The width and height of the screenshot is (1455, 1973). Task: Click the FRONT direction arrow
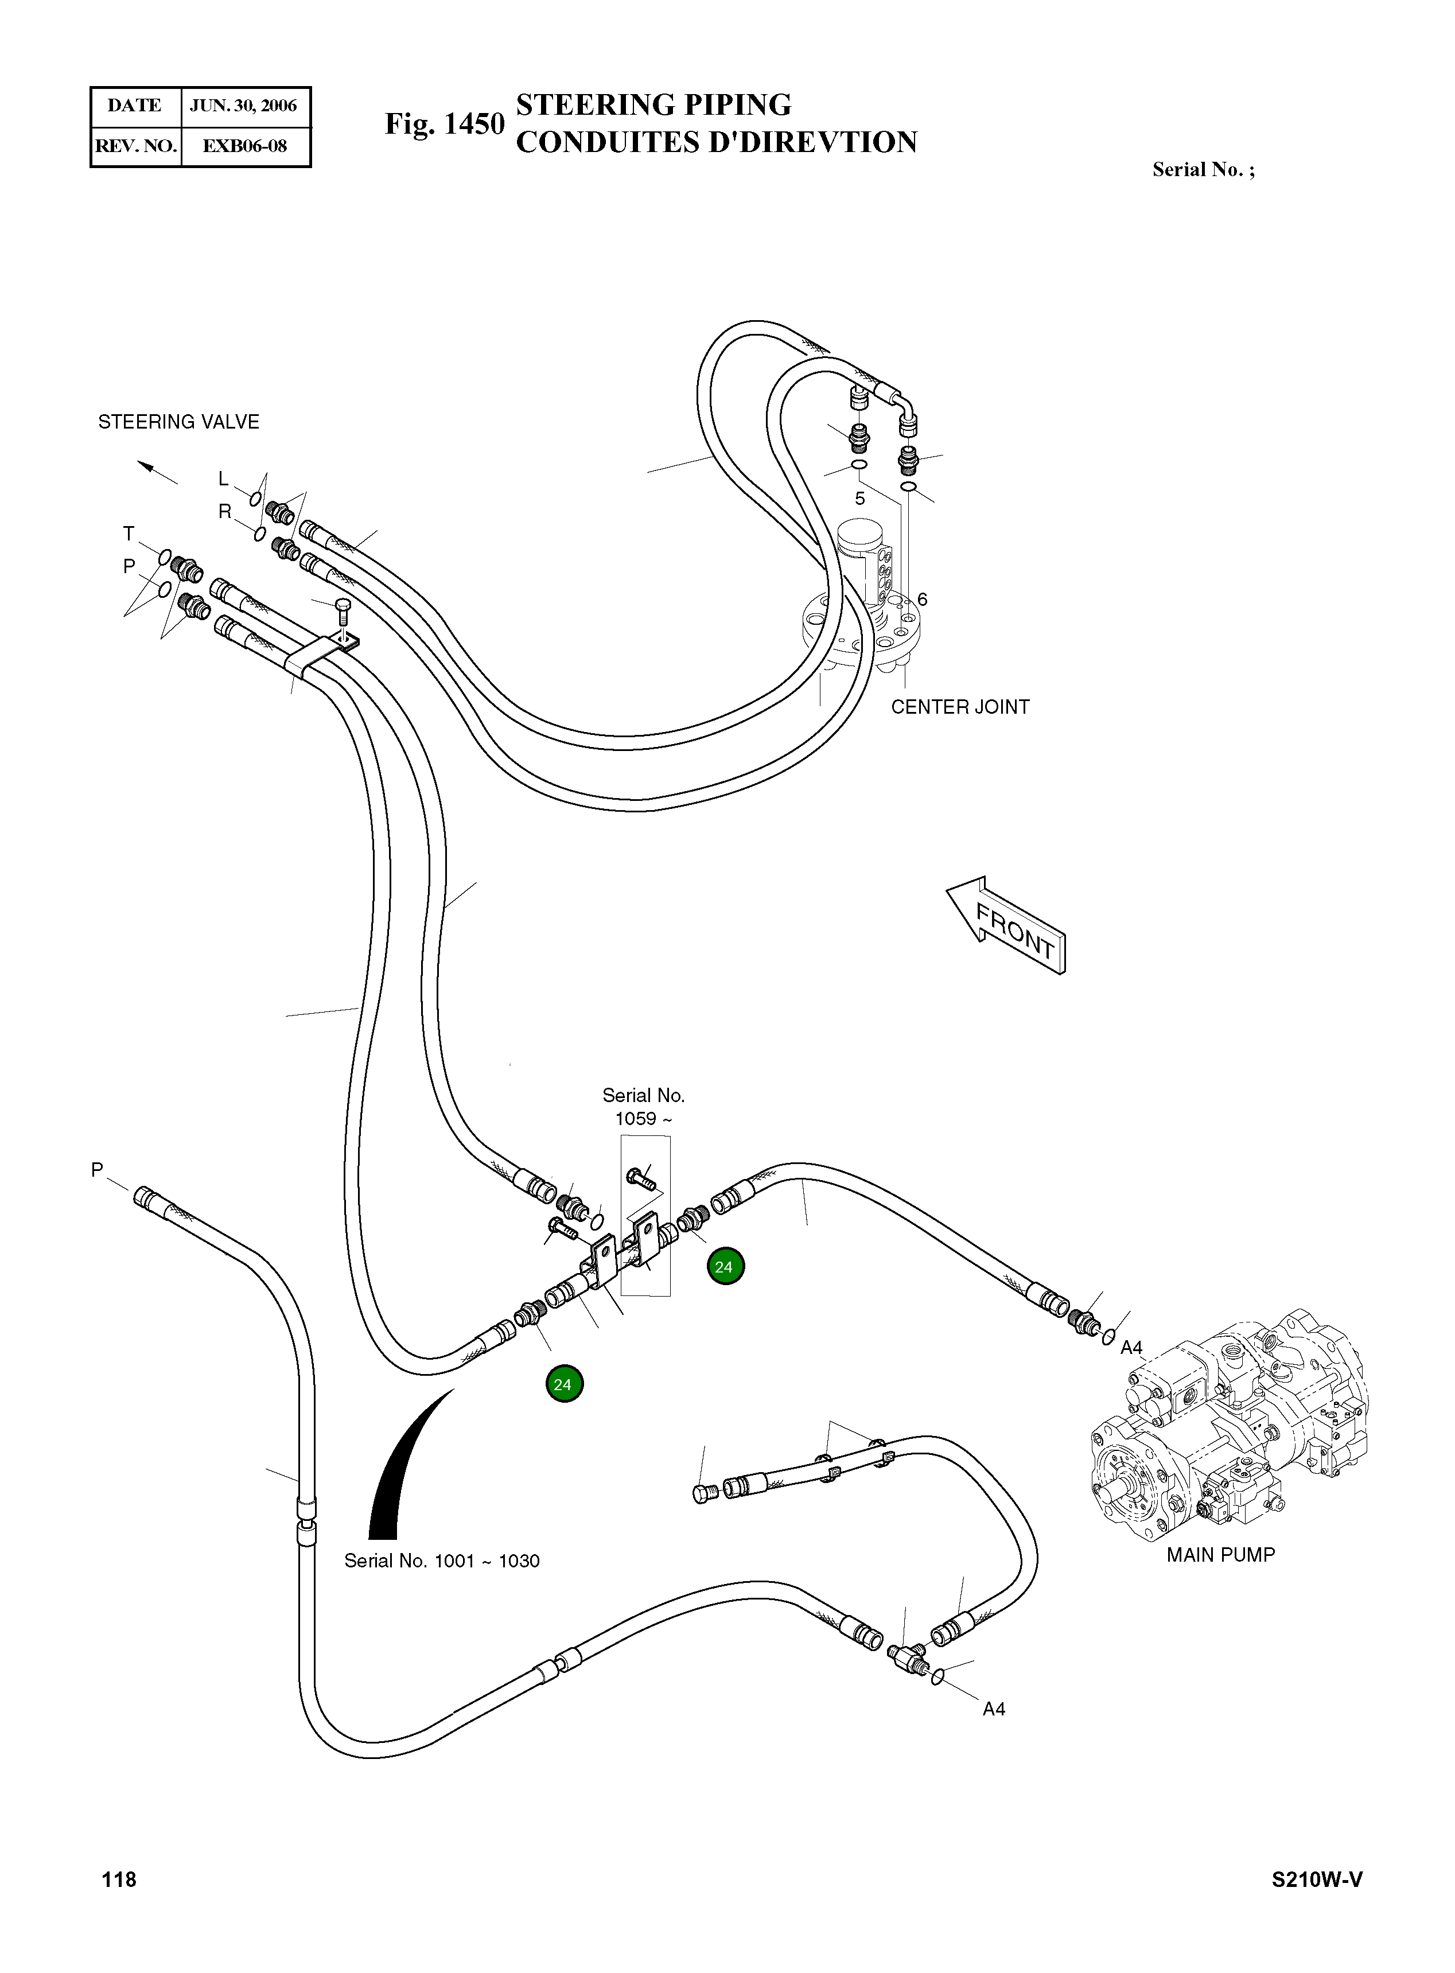[1007, 925]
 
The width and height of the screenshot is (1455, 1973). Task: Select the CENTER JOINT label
[959, 706]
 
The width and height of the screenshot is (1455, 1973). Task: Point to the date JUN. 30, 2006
[244, 106]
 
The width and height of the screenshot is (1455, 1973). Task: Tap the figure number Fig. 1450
[444, 124]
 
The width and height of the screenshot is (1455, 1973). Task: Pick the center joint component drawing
[863, 608]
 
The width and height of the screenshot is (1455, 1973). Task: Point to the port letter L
[224, 478]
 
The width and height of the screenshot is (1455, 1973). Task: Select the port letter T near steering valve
[129, 534]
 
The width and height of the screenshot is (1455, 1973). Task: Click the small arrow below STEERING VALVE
[157, 472]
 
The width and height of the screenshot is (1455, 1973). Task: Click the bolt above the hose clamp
[344, 612]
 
